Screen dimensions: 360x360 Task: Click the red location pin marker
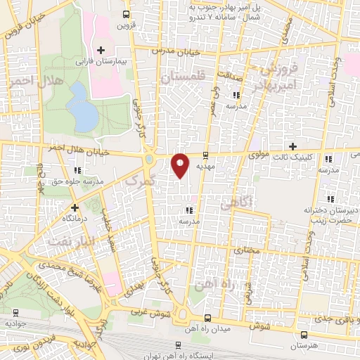pos(180,164)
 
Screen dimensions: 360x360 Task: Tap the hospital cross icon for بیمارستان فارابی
pos(101,50)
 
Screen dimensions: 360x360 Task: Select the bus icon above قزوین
pos(126,13)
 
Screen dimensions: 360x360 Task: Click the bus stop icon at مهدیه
pos(205,155)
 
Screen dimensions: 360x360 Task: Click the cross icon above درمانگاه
pos(75,207)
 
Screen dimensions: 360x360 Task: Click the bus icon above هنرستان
pos(303,335)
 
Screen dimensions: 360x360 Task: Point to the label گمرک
pos(135,181)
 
